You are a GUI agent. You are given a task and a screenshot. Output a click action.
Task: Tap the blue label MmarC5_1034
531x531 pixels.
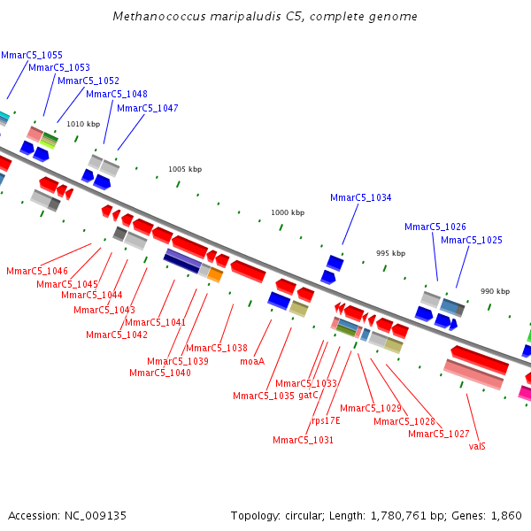[x=360, y=197]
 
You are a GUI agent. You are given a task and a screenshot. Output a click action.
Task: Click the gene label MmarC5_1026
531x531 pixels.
[x=435, y=227]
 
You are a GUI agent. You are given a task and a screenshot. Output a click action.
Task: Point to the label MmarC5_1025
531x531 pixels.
[x=471, y=240]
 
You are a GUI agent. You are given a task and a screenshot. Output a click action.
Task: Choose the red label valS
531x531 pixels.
[x=477, y=446]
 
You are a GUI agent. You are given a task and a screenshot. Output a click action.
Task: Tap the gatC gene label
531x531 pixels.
[x=308, y=395]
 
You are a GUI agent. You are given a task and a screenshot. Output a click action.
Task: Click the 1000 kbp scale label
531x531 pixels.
[x=288, y=212]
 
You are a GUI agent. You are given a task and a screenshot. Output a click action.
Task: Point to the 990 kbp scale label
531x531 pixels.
[x=495, y=291]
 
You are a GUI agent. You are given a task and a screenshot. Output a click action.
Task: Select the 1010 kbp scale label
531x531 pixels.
[x=83, y=124]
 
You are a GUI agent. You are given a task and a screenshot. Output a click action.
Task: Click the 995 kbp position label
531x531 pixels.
[x=390, y=253]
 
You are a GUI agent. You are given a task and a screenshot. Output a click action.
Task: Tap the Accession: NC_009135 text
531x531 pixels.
[x=67, y=515]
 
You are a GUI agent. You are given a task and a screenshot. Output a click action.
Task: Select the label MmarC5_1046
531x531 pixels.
[x=36, y=271]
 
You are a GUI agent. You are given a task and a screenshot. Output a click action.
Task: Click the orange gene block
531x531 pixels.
[x=215, y=274]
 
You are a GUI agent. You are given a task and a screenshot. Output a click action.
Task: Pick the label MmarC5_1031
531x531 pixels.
[x=303, y=440]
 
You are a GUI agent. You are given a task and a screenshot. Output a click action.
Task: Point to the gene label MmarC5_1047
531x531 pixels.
[x=147, y=108]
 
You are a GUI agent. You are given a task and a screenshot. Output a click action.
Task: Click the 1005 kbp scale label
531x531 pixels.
[x=185, y=169]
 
